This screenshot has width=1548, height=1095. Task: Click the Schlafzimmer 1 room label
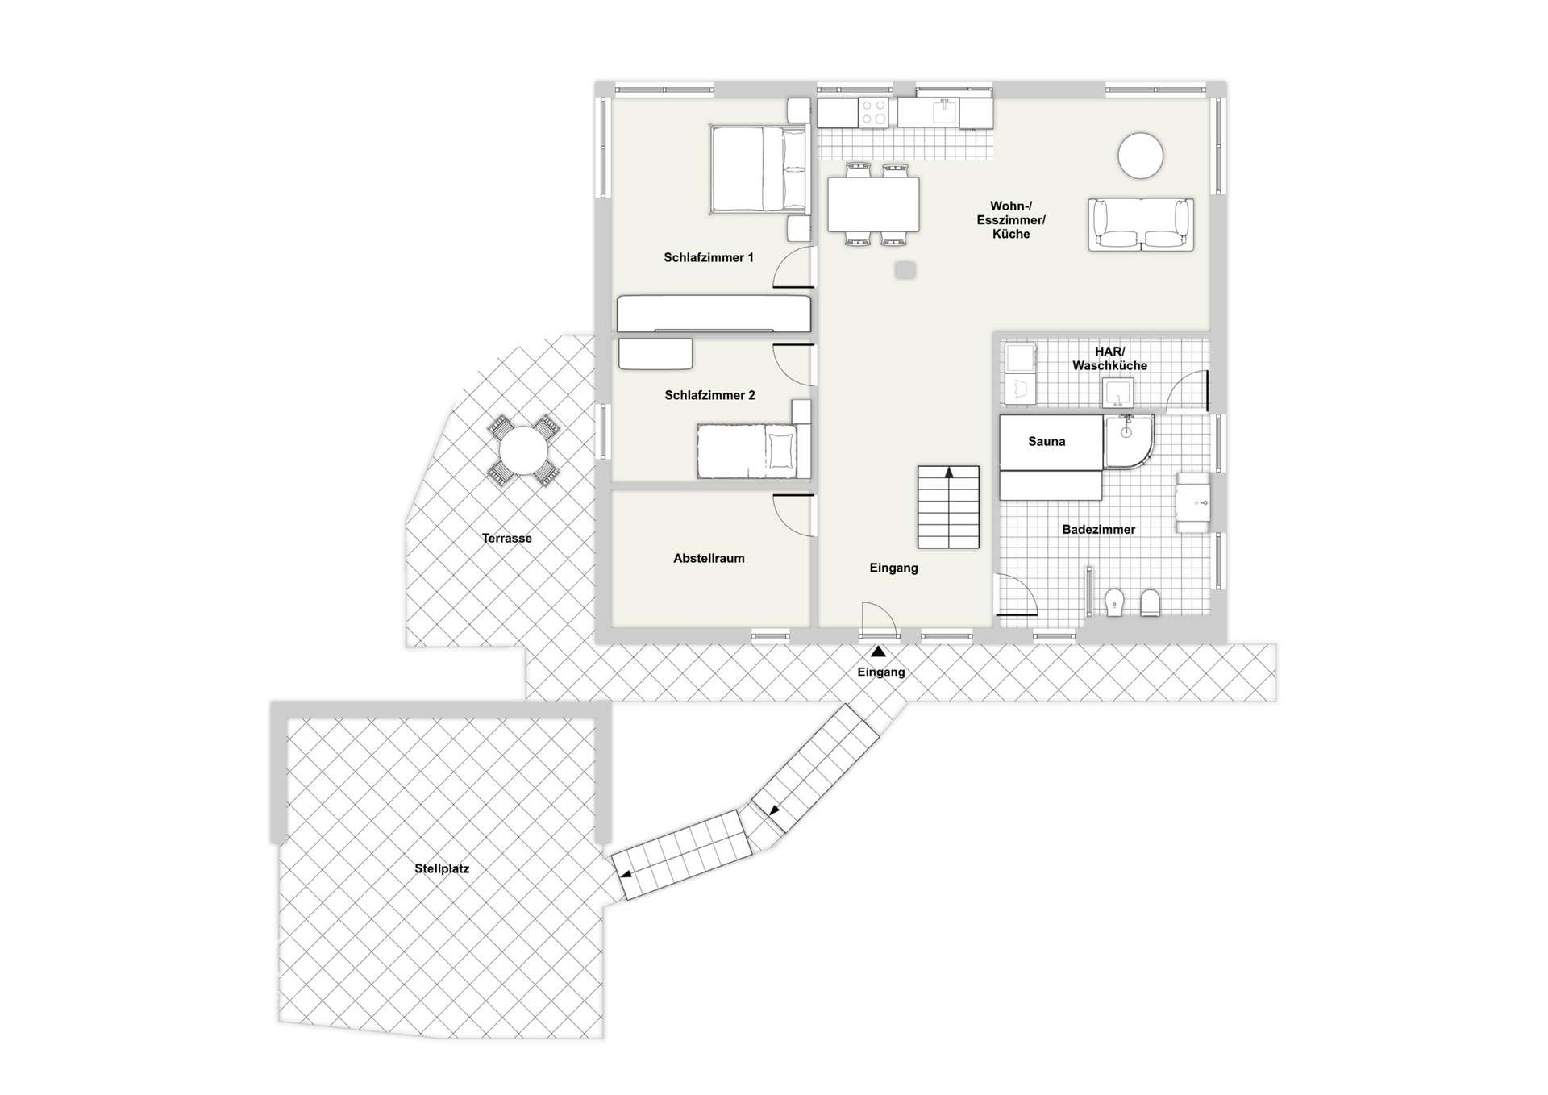(708, 258)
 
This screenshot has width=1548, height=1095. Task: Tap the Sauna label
(1047, 442)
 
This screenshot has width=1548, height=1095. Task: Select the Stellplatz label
(442, 869)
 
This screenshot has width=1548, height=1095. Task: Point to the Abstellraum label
(709, 558)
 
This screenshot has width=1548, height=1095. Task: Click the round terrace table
(522, 451)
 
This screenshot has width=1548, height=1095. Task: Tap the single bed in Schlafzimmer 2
(752, 452)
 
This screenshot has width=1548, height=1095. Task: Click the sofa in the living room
(1140, 224)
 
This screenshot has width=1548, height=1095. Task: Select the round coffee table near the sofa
(1140, 155)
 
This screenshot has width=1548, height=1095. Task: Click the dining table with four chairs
(873, 204)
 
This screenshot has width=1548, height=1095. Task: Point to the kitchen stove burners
(873, 113)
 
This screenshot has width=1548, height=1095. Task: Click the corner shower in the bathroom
(1128, 441)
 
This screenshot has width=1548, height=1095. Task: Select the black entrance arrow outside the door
(878, 652)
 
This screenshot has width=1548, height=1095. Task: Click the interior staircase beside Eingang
(948, 507)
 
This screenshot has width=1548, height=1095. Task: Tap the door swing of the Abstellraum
(793, 514)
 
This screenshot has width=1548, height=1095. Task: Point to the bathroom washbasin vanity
(1192, 502)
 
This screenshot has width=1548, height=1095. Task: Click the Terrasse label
(506, 539)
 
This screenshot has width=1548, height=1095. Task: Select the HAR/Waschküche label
(1109, 359)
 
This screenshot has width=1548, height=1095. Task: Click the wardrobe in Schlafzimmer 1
(714, 314)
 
